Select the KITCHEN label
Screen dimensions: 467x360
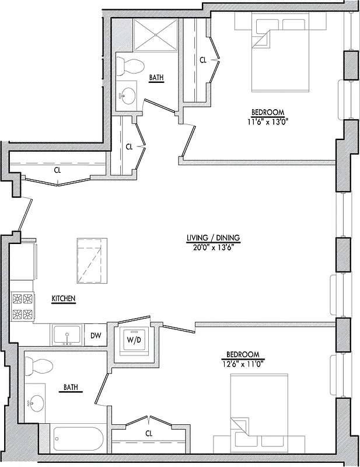click(64, 298)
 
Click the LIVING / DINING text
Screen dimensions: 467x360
click(213, 238)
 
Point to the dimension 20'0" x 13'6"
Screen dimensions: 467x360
click(213, 247)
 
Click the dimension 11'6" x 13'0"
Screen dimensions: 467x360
click(267, 121)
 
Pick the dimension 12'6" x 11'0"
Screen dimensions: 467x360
click(243, 364)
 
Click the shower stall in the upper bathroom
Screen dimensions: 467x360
click(156, 35)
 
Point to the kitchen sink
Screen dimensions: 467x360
click(68, 336)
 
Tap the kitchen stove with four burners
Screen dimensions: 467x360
click(22, 307)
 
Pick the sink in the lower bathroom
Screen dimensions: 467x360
click(36, 402)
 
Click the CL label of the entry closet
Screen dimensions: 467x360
click(57, 170)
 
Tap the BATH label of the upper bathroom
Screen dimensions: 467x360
click(156, 77)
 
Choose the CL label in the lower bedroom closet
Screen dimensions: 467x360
click(149, 433)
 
